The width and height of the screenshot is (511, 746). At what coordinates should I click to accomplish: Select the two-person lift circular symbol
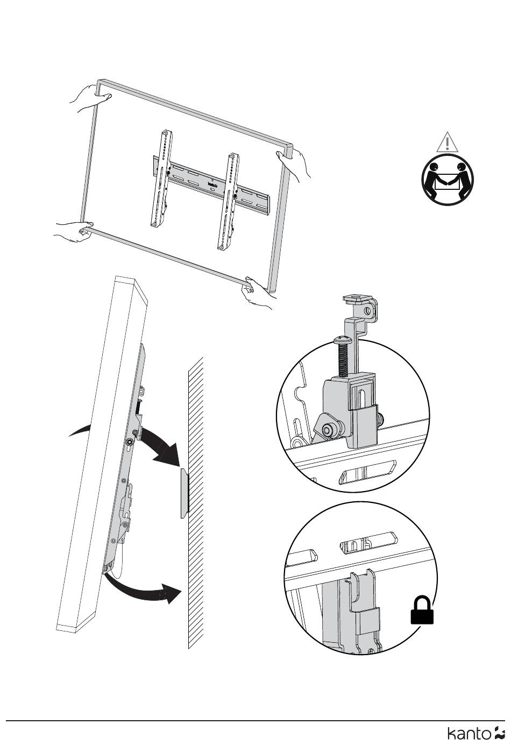[448, 180]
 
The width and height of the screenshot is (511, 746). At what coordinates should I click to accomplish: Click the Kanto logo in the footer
[476, 733]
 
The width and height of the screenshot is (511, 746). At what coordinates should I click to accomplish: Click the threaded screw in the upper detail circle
[343, 357]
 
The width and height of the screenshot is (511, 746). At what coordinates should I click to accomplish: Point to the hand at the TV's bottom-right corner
[258, 292]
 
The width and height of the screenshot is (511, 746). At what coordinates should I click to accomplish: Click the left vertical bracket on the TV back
[162, 178]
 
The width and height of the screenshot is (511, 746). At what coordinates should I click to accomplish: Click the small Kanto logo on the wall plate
[212, 184]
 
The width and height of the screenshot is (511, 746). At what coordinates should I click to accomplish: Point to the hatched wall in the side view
[196, 503]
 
